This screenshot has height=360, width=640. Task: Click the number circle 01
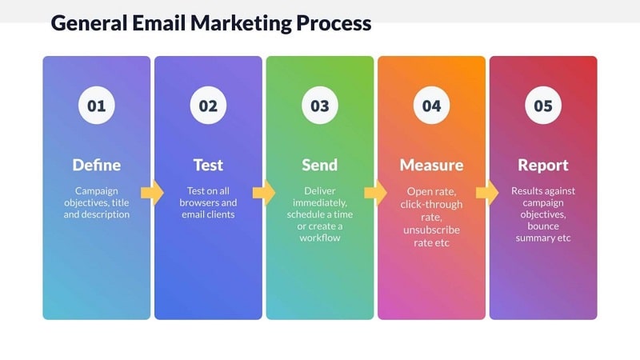pos(96,106)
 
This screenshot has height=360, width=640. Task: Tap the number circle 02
pos(208,106)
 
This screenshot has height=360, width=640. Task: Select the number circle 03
pos(320,106)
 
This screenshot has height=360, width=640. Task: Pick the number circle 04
pos(431,106)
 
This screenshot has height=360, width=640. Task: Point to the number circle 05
pos(543,106)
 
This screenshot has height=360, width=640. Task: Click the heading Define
pos(96,166)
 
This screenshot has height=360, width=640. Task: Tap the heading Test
pos(208,166)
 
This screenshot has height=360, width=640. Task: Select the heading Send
pos(320,166)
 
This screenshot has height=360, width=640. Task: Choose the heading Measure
pos(431,166)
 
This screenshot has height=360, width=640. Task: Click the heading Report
pos(543,166)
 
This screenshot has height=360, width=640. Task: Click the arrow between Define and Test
pos(152,192)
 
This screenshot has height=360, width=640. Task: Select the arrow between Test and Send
pos(264,192)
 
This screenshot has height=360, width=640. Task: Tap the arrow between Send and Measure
pos(375,192)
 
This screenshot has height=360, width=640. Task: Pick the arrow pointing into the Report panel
pos(487,192)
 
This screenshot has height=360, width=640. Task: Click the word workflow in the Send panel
pos(320,238)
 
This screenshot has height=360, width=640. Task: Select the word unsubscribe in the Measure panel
pos(431,230)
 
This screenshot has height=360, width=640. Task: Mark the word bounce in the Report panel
pos(543,226)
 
